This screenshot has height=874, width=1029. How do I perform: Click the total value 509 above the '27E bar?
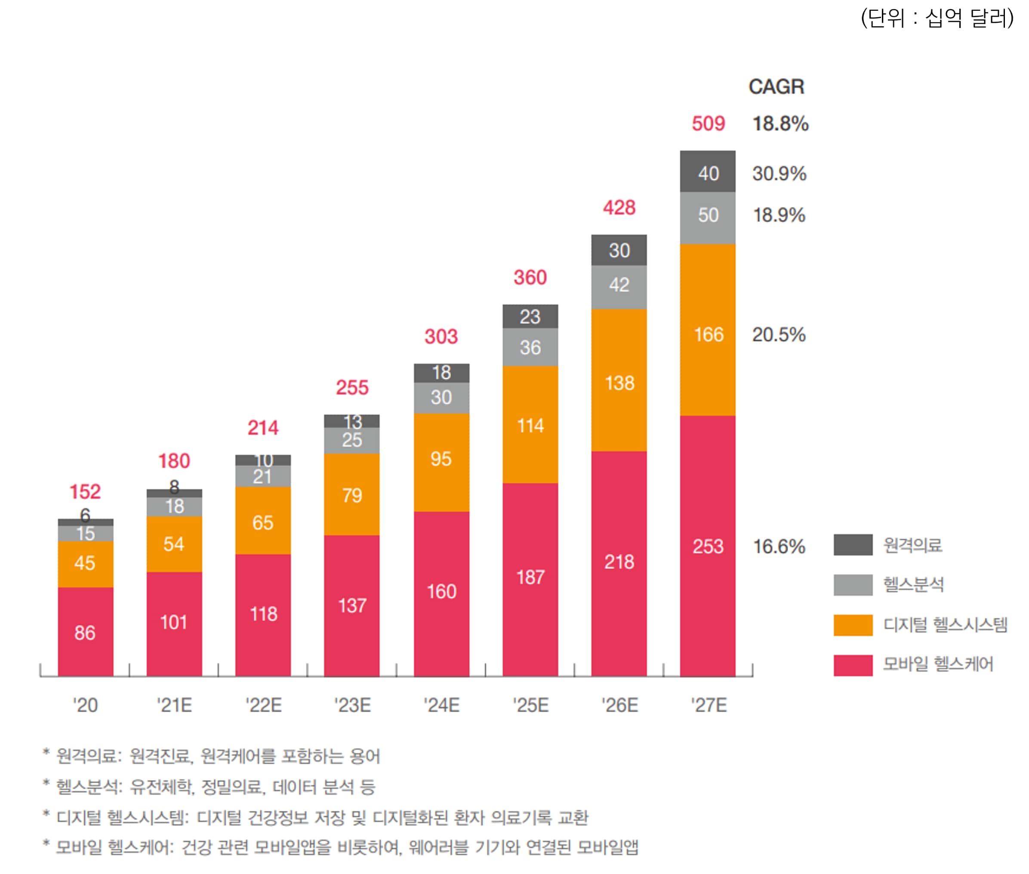click(x=708, y=124)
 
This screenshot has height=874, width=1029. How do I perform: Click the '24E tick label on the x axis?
click(x=441, y=704)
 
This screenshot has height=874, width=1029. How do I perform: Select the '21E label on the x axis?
click(x=174, y=704)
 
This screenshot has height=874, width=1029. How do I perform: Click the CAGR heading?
click(x=776, y=86)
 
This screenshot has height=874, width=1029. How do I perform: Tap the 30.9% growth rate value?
click(x=779, y=173)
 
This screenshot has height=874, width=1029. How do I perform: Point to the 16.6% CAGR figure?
click(x=779, y=547)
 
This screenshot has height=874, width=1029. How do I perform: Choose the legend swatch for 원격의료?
click(x=852, y=544)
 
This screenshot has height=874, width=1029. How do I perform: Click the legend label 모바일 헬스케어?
click(x=938, y=664)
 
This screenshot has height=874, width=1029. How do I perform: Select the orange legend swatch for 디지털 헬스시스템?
click(x=852, y=625)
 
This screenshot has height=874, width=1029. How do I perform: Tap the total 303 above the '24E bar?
click(x=441, y=337)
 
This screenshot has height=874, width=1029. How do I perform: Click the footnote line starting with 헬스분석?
click(x=216, y=787)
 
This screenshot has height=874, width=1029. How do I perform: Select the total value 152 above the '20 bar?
click(x=85, y=491)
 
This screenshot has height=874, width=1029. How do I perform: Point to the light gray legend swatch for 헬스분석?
click(x=852, y=585)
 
